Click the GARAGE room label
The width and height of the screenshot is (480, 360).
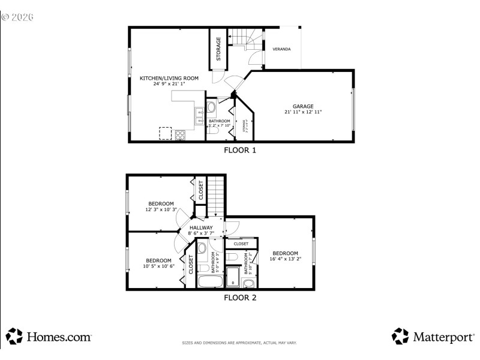303,106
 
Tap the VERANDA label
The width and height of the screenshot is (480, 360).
281,49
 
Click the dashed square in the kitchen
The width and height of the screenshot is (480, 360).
166,133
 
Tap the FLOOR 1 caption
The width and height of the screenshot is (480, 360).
240,151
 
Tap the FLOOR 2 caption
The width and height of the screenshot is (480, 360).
240,297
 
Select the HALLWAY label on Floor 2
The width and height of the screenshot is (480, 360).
201,227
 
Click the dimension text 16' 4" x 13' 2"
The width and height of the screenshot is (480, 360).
286,259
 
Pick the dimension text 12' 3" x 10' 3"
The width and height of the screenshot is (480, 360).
161,209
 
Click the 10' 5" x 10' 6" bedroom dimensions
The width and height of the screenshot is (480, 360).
158,266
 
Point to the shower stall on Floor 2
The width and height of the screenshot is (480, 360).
233,278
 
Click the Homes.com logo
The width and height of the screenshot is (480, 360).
49,337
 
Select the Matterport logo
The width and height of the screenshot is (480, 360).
433,337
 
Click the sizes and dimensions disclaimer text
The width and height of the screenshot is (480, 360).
239,343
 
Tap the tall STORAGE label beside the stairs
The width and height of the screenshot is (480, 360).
218,49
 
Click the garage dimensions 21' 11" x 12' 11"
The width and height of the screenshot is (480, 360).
303,112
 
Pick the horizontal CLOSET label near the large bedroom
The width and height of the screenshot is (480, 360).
241,244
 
